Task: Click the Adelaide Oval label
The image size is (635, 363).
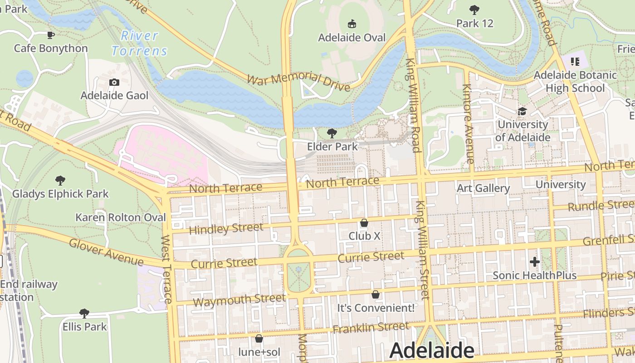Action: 352,38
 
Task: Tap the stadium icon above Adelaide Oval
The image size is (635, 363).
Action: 352,24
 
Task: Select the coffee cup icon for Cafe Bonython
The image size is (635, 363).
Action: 51,35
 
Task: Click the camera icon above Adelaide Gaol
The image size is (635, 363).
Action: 114,82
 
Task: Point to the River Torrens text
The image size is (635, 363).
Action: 140,43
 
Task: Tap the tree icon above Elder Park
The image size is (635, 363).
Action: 332,133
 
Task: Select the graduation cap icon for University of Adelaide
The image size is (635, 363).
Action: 523,111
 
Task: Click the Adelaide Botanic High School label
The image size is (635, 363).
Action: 575,81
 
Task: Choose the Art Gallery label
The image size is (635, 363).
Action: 483,188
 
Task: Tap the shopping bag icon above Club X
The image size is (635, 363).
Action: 364,223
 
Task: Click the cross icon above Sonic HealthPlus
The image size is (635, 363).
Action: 534,262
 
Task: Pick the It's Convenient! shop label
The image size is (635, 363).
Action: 376,308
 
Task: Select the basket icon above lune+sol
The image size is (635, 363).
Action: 259,338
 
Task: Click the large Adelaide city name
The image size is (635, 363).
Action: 431,351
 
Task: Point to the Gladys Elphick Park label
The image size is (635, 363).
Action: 60,194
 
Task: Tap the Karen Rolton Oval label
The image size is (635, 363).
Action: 121,217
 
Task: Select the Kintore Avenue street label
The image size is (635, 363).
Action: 468,123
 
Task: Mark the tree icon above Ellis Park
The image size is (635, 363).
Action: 84,313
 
